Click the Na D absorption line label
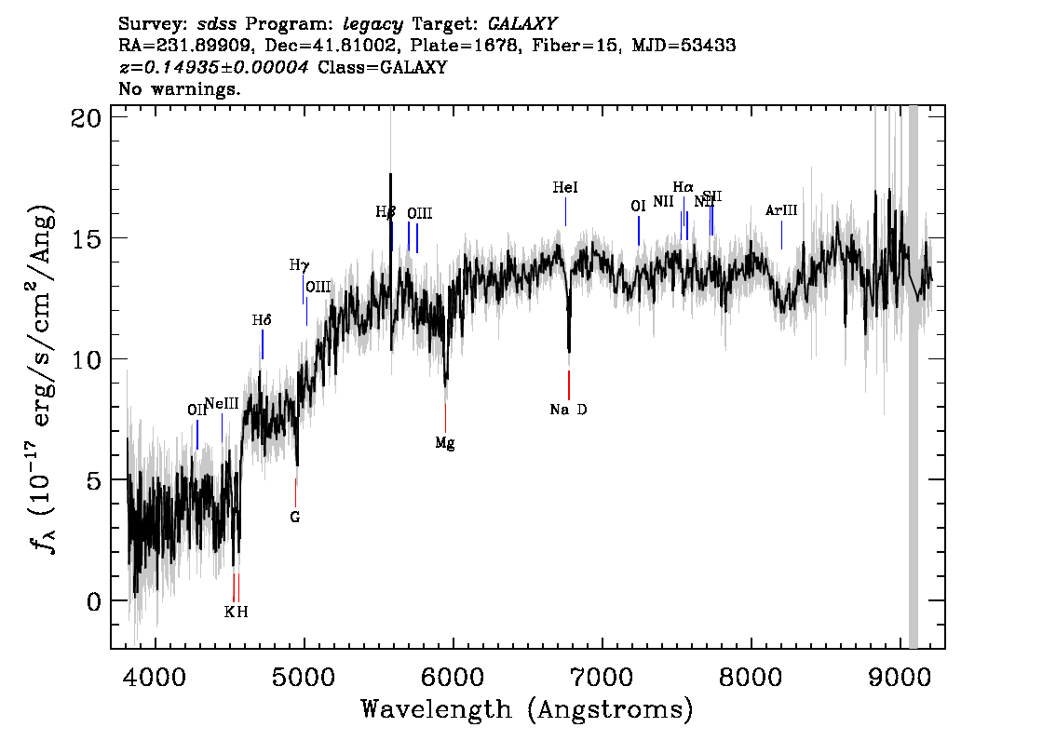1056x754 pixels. click(x=568, y=410)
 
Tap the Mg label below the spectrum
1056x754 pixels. click(x=445, y=443)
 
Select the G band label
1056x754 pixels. click(x=294, y=518)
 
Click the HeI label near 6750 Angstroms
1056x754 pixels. click(x=565, y=188)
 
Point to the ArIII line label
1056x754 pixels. click(x=781, y=211)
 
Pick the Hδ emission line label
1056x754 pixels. click(x=262, y=320)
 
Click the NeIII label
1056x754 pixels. click(x=222, y=403)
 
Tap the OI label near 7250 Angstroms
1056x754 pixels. click(x=638, y=207)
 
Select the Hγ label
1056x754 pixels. click(x=299, y=265)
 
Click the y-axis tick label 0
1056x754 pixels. click(x=91, y=601)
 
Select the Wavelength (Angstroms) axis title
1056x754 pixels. click(x=527, y=710)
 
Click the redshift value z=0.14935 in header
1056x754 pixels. click(x=214, y=68)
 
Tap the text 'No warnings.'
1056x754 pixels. click(x=180, y=89)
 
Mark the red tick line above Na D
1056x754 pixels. click(x=568, y=384)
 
